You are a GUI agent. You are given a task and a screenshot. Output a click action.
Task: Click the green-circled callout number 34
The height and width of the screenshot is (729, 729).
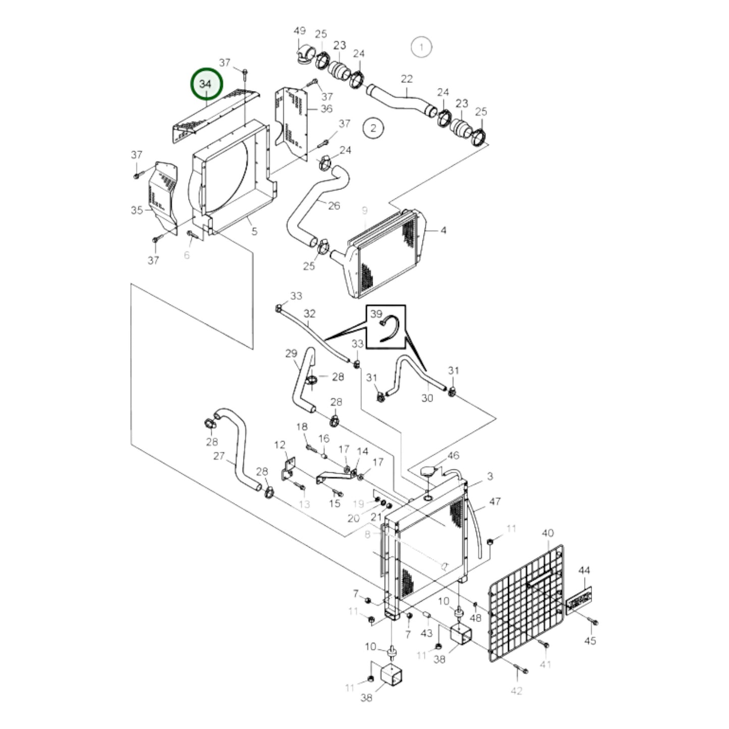pos(206,84)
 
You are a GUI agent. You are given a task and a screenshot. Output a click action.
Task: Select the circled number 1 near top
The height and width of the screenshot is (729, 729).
pos(421,47)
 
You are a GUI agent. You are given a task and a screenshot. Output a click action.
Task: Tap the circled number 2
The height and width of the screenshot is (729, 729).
pos(373,128)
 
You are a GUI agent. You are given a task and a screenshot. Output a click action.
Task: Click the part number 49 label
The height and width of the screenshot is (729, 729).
pos(300,31)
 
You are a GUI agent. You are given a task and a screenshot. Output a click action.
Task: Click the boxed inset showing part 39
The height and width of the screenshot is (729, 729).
pos(386,326)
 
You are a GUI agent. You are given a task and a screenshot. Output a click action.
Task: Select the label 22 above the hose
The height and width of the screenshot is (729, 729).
pos(407,79)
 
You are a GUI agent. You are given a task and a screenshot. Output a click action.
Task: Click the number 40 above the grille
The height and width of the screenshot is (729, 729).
pos(548,533)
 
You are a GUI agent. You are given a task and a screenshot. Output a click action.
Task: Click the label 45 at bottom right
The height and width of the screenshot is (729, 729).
pos(590,641)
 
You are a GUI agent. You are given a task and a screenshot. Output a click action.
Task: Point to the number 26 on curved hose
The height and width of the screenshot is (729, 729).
pos(334,205)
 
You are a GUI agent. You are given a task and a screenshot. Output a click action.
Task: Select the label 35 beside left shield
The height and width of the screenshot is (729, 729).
pos(137,210)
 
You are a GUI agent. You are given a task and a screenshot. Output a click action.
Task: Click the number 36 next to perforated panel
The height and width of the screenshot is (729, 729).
pos(326,108)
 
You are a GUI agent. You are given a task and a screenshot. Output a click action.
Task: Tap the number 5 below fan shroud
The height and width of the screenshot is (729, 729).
pos(254,232)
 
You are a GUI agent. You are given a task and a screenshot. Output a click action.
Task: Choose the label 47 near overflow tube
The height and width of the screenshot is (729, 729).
pos(495,501)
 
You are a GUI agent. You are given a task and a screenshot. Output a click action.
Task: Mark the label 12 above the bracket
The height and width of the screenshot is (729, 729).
pos(280,445)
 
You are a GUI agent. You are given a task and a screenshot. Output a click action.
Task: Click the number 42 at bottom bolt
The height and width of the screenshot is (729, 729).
pos(516,691)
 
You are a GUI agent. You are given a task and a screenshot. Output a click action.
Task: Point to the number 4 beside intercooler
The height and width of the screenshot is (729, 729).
pos(443,231)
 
